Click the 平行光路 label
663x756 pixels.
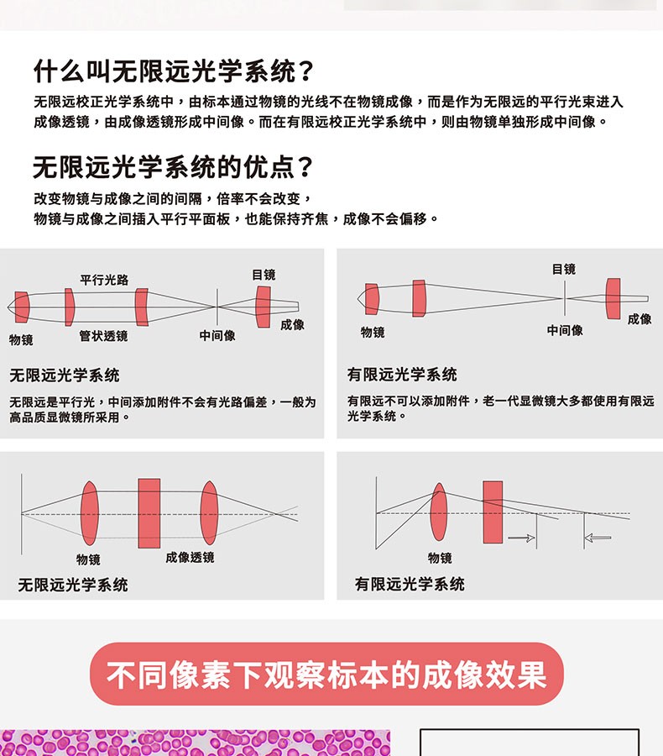pos(104,280)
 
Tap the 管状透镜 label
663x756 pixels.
pos(103,336)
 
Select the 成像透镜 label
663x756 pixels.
pos(190,557)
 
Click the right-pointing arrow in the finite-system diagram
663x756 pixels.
pos(521,538)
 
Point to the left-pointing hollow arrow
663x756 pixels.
pos(598,538)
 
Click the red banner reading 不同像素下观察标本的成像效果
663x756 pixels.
pos(326,675)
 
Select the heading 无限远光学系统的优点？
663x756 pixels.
pos(173,167)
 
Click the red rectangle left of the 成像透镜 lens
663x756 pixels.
pos(149,513)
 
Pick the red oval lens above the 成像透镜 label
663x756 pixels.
pos(209,513)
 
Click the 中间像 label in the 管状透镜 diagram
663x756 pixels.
pos(217,336)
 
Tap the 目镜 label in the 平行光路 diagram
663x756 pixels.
pos(264,275)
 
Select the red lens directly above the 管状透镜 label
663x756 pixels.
pos(69,307)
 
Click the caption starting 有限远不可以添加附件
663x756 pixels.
pos(500,408)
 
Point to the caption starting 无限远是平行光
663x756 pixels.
pos(163,409)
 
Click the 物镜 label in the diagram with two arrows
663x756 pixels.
pos(440,558)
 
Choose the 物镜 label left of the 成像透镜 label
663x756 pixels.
pos(88,559)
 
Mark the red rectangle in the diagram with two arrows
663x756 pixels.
pos(493,512)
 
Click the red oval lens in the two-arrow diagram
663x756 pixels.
pos(438,512)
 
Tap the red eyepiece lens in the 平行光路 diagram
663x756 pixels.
pos(264,307)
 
